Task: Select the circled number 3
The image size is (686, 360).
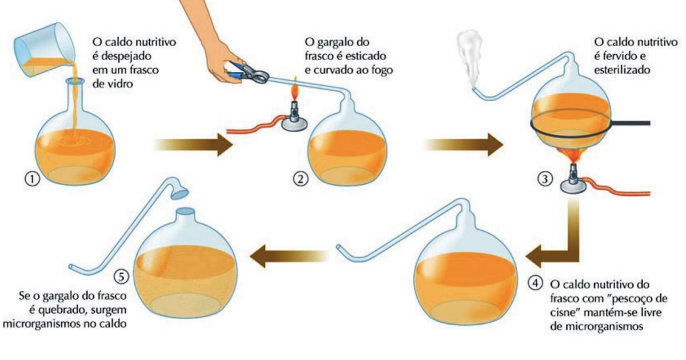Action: pos(545,179)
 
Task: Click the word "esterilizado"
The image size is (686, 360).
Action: pos(622,73)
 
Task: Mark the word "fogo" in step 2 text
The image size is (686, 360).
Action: pos(385,71)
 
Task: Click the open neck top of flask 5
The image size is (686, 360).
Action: pos(185,211)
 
